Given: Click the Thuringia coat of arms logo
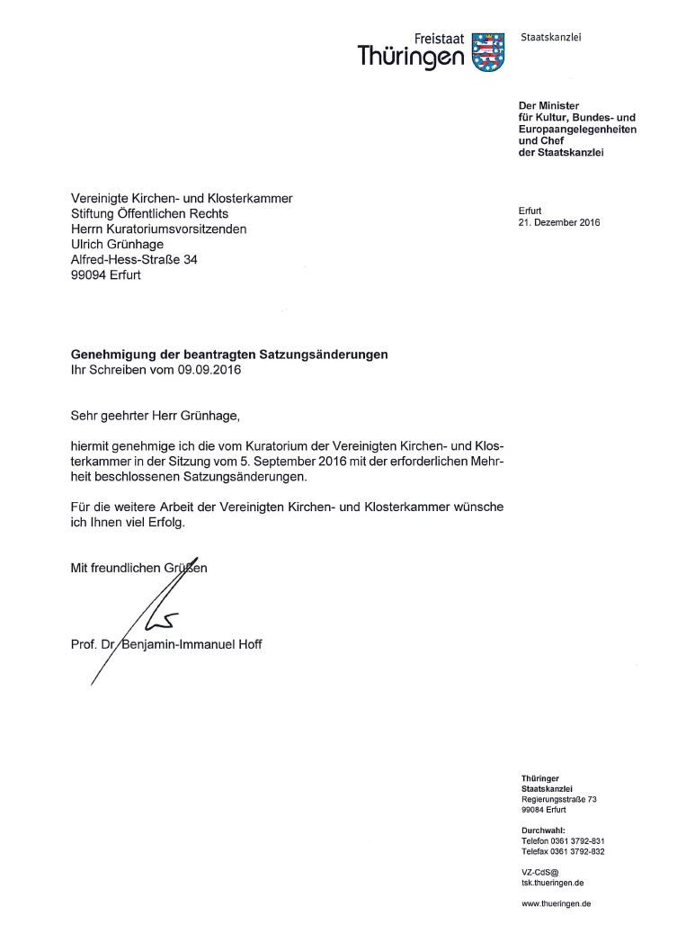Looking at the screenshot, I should [487, 51].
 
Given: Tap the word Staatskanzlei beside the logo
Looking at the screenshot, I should [550, 37].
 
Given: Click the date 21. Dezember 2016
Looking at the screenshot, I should [558, 222].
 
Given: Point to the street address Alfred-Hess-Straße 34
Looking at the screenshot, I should [134, 260].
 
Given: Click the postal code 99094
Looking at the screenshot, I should [87, 275].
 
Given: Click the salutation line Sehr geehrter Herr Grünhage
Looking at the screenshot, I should [156, 416].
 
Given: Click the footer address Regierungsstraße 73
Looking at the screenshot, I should [558, 799].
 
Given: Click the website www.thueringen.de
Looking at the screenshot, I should [556, 903].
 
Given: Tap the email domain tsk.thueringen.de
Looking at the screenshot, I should [552, 883].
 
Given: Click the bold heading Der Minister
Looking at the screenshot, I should [548, 106].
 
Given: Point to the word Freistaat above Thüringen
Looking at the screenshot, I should [440, 39].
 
